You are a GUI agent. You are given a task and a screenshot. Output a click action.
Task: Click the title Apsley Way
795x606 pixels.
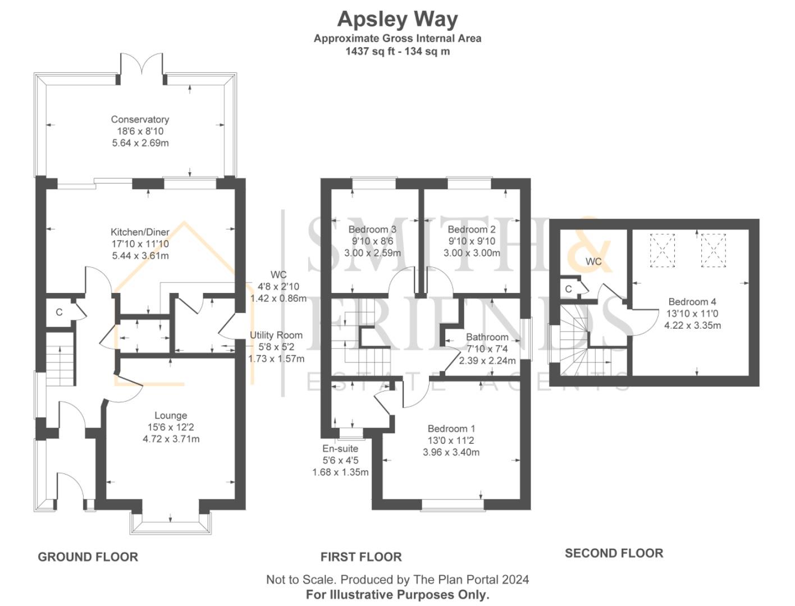397,19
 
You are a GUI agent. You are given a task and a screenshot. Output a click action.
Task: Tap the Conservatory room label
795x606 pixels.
140,120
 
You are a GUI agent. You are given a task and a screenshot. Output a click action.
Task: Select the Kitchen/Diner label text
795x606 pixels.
140,232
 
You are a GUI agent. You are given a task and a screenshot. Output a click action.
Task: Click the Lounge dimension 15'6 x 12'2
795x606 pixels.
171,427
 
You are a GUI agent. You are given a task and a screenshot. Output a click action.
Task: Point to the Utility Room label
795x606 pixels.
276,336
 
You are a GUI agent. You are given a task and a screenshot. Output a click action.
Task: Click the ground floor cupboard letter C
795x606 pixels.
59,313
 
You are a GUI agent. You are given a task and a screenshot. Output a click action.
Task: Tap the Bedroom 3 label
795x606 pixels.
372,229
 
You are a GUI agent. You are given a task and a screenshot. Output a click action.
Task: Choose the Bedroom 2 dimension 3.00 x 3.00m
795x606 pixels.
472,253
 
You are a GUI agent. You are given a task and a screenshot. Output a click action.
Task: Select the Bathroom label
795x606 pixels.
487,337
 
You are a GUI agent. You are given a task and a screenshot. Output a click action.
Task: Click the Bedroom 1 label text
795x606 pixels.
451,429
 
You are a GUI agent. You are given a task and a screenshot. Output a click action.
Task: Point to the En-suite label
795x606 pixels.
340,448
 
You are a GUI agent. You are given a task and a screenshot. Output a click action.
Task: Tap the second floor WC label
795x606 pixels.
593,261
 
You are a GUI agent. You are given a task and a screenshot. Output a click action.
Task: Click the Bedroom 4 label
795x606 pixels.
692,302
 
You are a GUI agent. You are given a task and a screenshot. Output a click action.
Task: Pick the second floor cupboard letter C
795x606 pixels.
568,290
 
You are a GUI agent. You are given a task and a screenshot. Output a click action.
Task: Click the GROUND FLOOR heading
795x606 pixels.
88,557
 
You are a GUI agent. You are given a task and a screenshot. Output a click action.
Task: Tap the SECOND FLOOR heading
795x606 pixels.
614,553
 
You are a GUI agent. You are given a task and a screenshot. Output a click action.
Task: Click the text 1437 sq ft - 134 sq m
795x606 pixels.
397,51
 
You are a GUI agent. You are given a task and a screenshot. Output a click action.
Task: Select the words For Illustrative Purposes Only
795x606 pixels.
397,594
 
